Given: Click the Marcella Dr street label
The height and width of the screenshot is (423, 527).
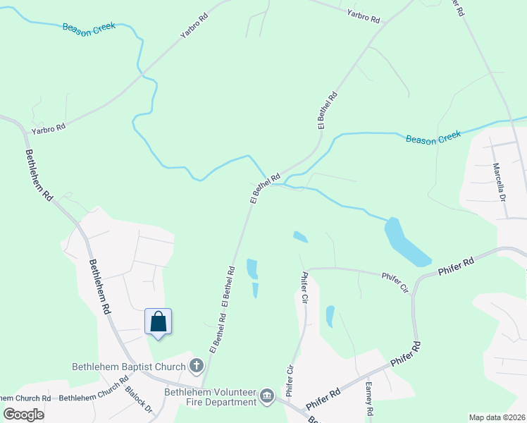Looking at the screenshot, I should click(500, 183).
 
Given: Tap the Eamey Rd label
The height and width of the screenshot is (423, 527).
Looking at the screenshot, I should click(368, 399).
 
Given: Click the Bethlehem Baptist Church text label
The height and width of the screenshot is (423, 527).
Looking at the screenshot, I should click(129, 367).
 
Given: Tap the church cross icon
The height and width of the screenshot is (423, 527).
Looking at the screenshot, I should click(197, 366).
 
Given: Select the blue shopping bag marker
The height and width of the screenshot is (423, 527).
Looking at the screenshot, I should click(159, 322).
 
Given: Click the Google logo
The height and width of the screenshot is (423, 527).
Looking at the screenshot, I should click(24, 414).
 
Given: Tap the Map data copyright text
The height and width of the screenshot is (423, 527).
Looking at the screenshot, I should click(497, 417).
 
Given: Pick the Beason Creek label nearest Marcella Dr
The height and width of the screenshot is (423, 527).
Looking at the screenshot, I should click(433, 137).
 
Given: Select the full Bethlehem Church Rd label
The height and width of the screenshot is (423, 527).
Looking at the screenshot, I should click(89, 398).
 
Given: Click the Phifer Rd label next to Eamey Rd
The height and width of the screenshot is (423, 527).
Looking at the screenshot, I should click(324, 399).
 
